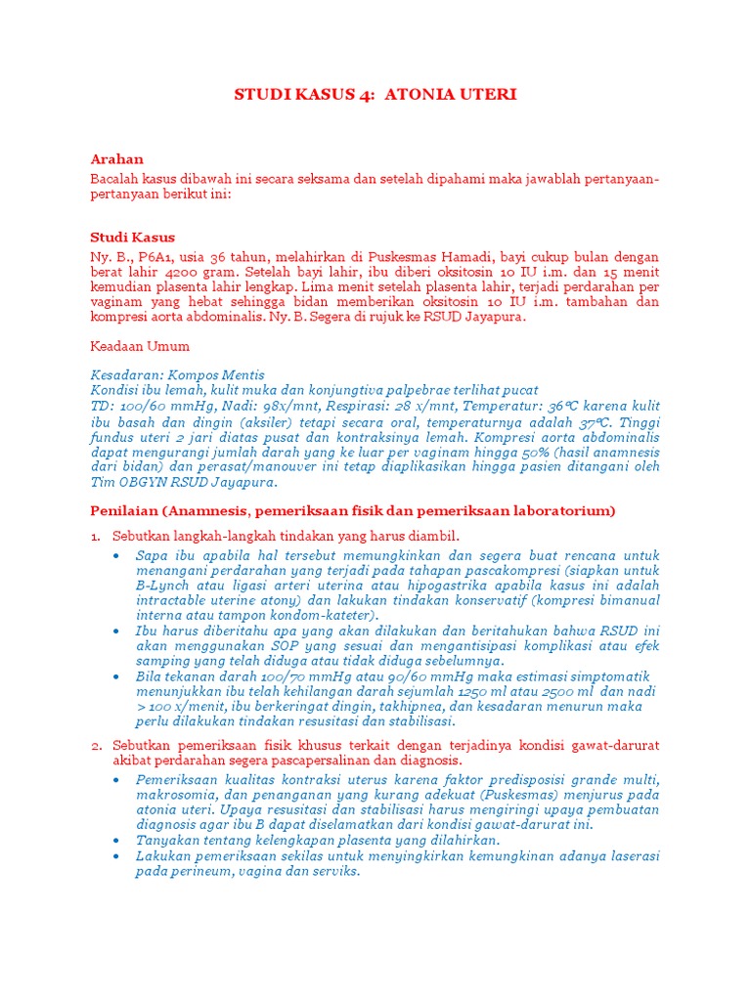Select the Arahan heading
pyautogui.click(x=116, y=159)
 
